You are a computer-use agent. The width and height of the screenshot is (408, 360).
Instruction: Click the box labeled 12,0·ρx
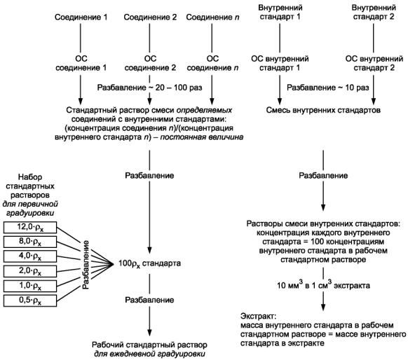click(x=30, y=228)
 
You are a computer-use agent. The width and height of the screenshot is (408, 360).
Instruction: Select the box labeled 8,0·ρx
click(x=30, y=242)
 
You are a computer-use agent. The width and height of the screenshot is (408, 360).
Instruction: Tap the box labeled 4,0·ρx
click(x=30, y=256)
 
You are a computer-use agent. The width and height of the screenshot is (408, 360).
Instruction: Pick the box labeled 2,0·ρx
click(x=30, y=271)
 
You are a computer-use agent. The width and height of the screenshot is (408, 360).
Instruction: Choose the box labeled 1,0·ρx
click(x=30, y=286)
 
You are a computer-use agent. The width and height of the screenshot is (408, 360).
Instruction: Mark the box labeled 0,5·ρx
click(x=30, y=300)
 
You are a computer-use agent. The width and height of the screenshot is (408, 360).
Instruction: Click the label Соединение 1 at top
click(x=81, y=17)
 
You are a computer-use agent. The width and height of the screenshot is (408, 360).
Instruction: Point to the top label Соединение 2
click(x=150, y=17)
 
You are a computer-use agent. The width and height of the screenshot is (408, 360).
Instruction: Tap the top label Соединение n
click(x=212, y=17)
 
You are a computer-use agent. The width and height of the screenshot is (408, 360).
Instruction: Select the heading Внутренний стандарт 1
click(x=280, y=12)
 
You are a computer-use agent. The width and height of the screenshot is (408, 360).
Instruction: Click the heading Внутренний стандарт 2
click(x=374, y=12)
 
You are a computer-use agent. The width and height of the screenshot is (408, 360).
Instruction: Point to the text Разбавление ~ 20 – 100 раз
click(x=149, y=88)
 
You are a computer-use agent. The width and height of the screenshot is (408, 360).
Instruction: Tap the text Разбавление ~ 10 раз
click(x=328, y=88)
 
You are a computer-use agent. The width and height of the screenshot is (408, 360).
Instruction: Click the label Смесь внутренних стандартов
click(x=323, y=110)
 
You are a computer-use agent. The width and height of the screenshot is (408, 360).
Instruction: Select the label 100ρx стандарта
click(x=149, y=263)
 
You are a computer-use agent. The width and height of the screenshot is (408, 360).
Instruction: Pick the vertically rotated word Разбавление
click(x=86, y=265)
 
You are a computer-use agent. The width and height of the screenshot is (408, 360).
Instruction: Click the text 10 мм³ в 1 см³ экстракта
click(x=323, y=285)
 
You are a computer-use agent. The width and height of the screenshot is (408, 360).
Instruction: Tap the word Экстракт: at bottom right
click(x=257, y=317)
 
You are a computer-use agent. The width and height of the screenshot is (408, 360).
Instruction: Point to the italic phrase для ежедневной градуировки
click(x=149, y=354)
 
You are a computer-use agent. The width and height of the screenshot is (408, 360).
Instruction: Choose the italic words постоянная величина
click(x=202, y=137)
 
